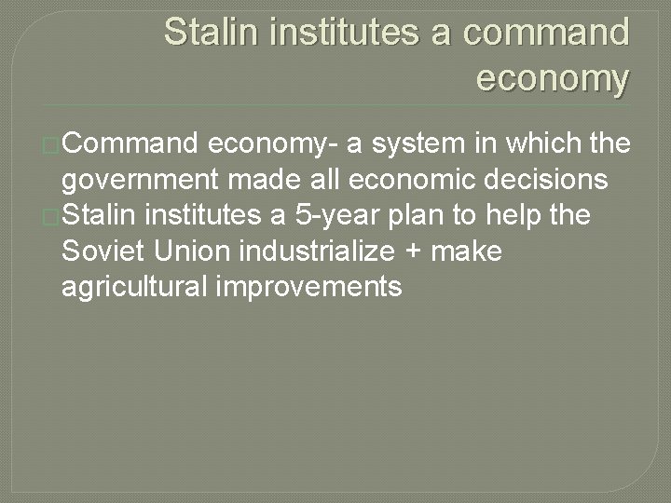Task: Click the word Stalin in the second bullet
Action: click(x=98, y=216)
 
